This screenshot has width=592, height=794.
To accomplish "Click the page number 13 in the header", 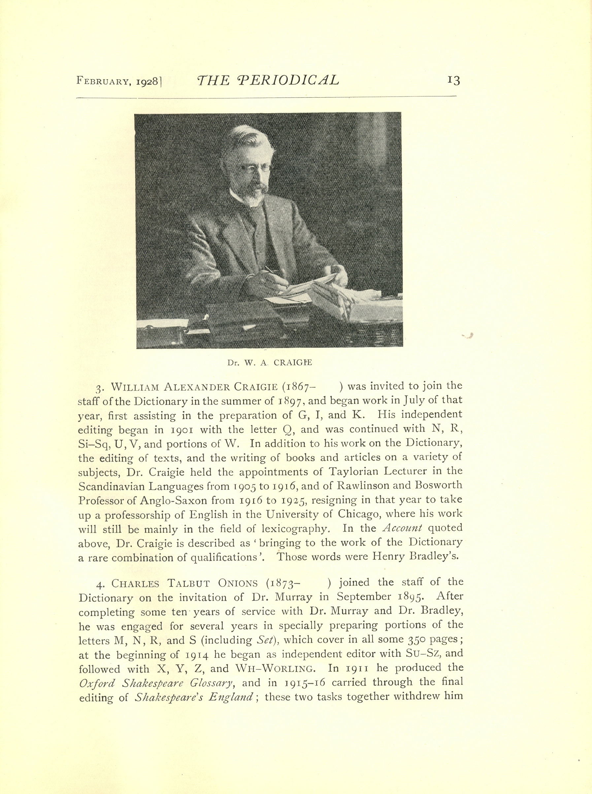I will tap(453, 81).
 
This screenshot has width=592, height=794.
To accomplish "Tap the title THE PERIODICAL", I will tap(268, 80).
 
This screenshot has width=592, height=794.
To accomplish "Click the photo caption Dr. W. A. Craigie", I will tap(269, 363).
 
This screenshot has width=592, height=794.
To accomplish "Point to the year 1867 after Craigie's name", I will tap(300, 387).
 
